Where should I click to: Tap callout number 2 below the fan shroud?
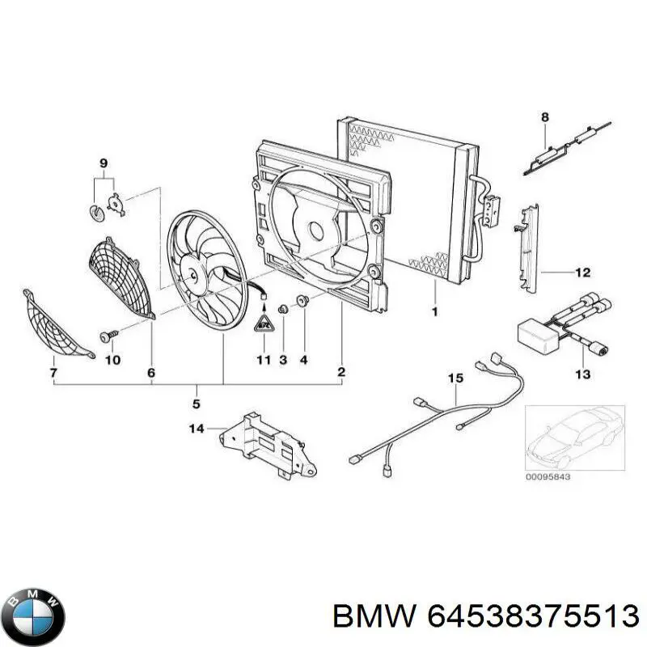click(x=340, y=372)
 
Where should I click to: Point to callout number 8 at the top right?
click(x=544, y=117)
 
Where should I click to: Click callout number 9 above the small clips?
click(x=104, y=163)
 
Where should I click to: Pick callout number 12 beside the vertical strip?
click(x=582, y=273)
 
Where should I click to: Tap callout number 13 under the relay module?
click(x=582, y=374)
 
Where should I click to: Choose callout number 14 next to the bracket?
click(x=197, y=429)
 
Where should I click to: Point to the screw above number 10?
click(x=108, y=333)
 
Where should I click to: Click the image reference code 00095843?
click(x=548, y=476)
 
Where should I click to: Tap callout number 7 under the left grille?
click(x=53, y=372)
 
